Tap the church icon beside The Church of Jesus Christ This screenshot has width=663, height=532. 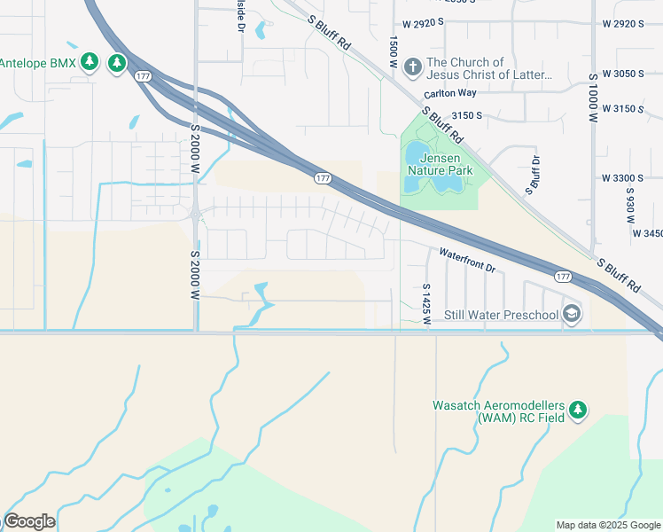[412, 66]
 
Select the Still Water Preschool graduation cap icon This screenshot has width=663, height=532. [573, 314]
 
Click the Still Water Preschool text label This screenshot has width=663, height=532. [501, 315]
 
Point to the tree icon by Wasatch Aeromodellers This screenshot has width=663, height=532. [578, 409]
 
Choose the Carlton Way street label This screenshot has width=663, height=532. [449, 93]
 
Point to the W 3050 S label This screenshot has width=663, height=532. [620, 74]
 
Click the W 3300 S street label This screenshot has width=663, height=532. [620, 178]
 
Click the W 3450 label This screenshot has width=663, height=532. [646, 233]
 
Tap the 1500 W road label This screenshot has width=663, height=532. [391, 51]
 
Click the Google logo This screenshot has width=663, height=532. [29, 521]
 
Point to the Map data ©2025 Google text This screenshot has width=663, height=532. [607, 525]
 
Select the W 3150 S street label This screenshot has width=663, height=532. [620, 109]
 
